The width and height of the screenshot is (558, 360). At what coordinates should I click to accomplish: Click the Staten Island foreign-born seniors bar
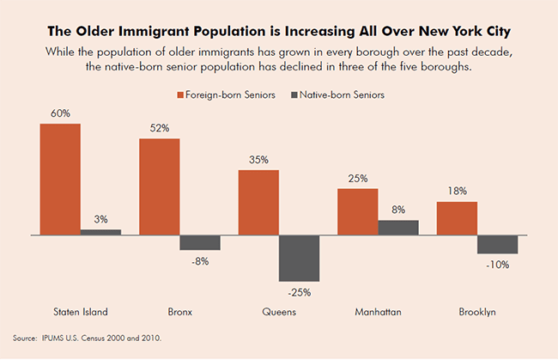(x=59, y=179)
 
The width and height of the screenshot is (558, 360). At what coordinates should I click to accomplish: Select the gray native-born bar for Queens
(x=299, y=258)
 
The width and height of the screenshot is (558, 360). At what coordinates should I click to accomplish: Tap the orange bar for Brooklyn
(x=457, y=217)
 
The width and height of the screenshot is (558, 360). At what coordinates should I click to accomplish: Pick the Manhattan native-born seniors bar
(x=398, y=227)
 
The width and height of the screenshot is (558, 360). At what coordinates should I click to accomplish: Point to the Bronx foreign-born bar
(x=159, y=186)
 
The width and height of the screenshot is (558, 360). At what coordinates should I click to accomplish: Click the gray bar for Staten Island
(x=100, y=231)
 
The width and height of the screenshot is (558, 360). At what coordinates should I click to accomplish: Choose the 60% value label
(x=59, y=113)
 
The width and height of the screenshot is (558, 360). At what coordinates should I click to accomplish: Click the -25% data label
(x=299, y=292)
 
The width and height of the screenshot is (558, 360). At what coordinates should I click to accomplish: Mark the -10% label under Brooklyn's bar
(x=498, y=265)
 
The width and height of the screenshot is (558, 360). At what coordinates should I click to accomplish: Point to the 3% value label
(x=100, y=220)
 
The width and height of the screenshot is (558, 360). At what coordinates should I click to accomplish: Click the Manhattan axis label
(x=378, y=311)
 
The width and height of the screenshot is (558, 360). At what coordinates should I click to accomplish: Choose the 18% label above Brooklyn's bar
(x=457, y=192)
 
